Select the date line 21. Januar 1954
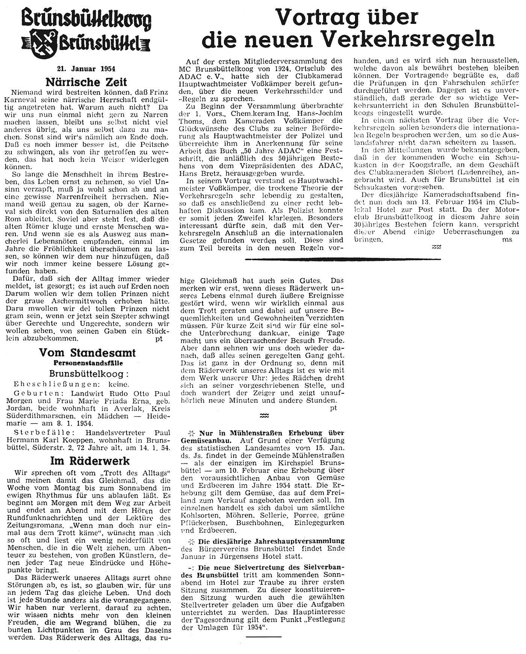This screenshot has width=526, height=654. point(86,69)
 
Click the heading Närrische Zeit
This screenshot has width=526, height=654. point(86,82)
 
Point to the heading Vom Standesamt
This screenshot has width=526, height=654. point(87,353)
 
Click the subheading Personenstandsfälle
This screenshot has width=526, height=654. point(88,363)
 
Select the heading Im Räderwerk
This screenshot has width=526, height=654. point(90,461)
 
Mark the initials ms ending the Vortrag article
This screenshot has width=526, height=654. point(507,239)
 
